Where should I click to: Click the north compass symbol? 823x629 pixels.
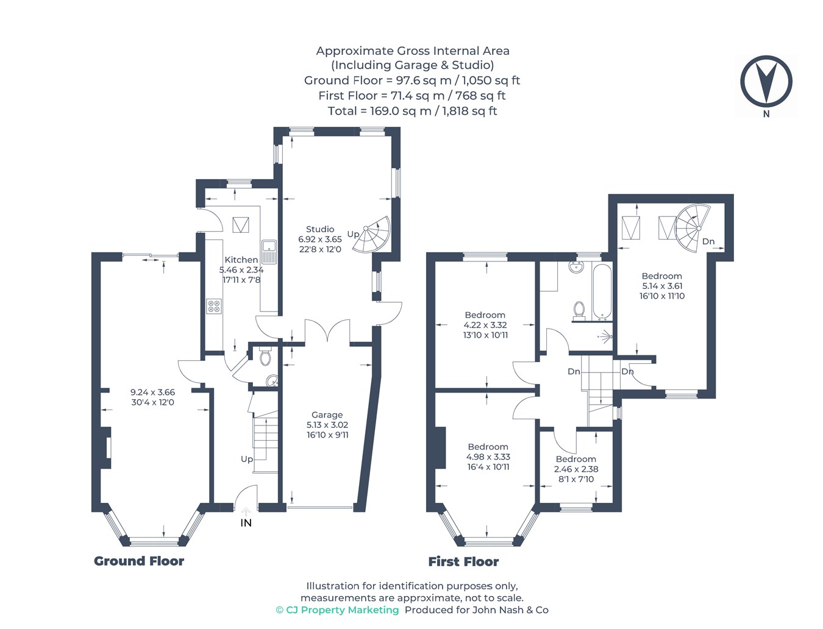[x=766, y=80]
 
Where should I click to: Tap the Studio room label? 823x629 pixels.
[x=320, y=229]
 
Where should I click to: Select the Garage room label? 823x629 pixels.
[x=327, y=415]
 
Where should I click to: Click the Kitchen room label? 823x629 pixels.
[x=241, y=260]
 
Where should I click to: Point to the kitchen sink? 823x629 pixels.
[x=269, y=252]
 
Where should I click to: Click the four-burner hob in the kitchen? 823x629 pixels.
[x=214, y=306]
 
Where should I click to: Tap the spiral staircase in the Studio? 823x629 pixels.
[x=371, y=234]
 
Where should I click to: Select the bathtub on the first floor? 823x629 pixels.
[x=602, y=291]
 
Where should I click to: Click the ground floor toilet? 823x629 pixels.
[x=265, y=356]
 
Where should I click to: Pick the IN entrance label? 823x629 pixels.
[x=246, y=523]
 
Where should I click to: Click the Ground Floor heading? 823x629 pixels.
[x=139, y=561]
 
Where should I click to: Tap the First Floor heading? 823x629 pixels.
[x=463, y=561]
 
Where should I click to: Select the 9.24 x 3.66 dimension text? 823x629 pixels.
[x=152, y=392]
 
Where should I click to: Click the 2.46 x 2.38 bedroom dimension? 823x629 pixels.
[x=576, y=469]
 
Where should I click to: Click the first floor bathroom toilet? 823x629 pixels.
[x=579, y=311]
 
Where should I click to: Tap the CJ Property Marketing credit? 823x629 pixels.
[x=338, y=610]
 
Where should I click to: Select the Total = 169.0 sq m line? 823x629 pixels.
[x=413, y=111]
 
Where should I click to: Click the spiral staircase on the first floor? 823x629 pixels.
[x=693, y=224]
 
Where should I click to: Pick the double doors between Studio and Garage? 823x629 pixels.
[x=327, y=330]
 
